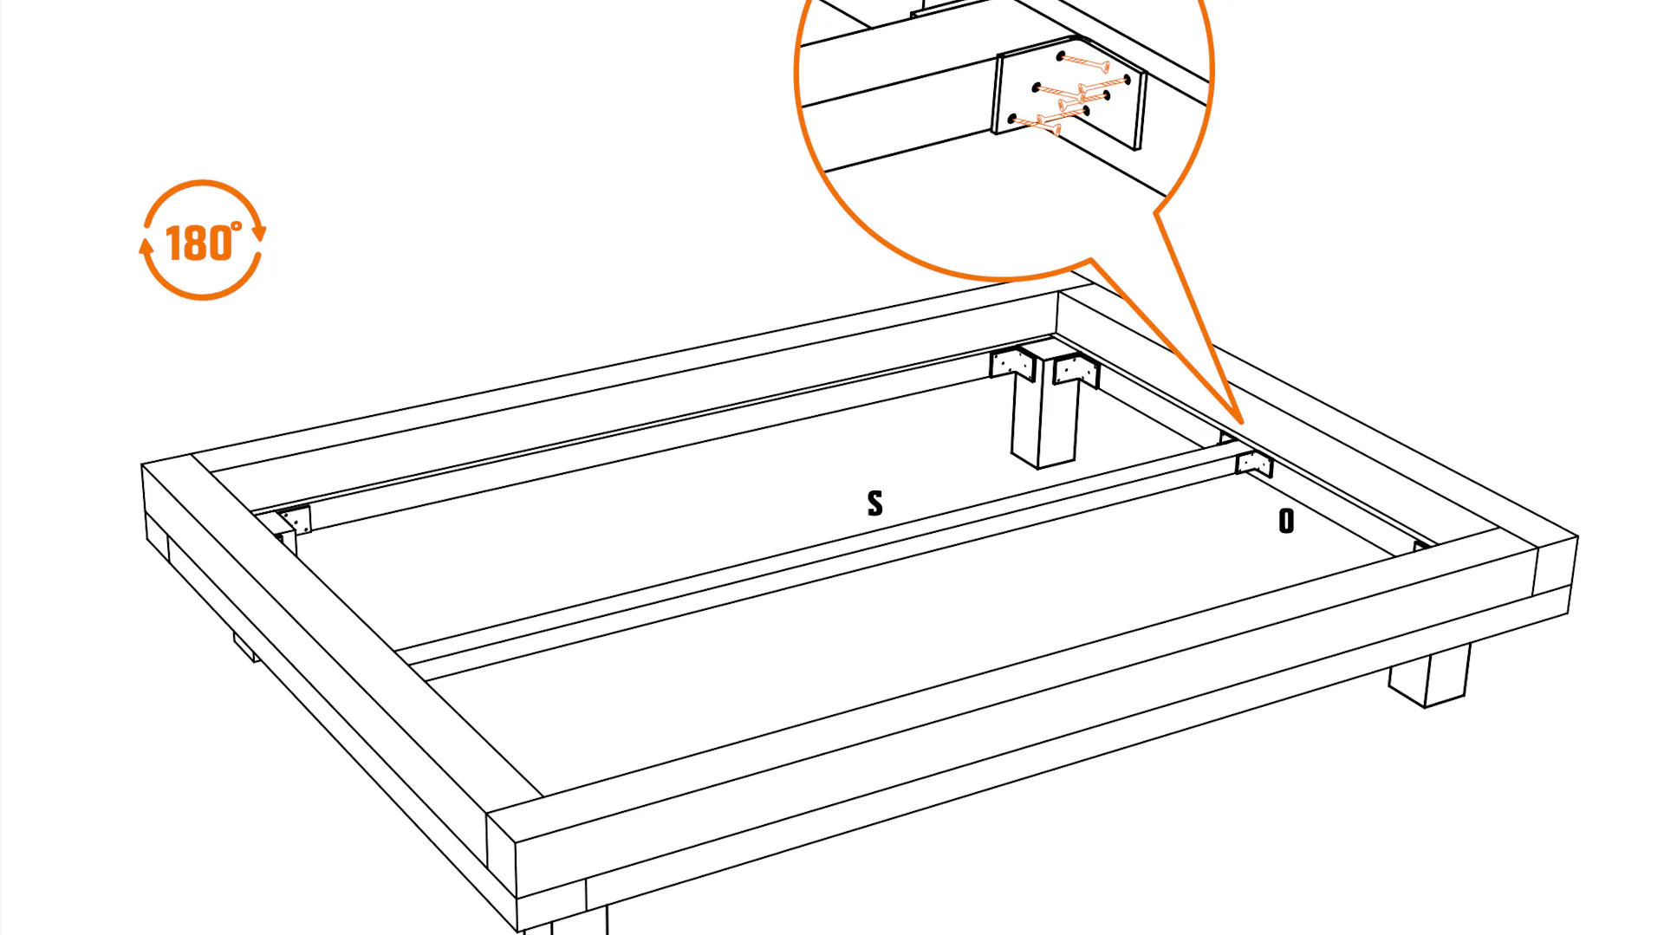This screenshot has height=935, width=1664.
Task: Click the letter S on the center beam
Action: click(x=875, y=503)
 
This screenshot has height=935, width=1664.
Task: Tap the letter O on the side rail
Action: click(x=1286, y=520)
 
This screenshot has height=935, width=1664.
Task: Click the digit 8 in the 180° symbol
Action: click(x=198, y=243)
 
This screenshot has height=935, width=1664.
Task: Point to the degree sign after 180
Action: click(x=237, y=227)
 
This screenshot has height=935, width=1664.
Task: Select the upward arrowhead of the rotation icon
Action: click(x=146, y=246)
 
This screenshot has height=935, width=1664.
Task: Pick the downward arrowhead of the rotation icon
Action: click(x=258, y=233)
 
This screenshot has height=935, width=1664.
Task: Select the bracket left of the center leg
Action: click(x=1012, y=363)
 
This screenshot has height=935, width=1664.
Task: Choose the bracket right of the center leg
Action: click(x=1076, y=371)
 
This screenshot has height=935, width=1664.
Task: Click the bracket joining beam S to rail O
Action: click(x=1254, y=464)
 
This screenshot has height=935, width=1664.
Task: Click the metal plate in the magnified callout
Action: click(x=1069, y=93)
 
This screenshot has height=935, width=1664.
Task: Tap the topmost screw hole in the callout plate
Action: click(x=1061, y=57)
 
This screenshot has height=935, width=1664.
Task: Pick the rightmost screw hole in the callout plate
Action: click(x=1127, y=80)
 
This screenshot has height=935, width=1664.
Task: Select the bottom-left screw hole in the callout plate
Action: click(x=1012, y=118)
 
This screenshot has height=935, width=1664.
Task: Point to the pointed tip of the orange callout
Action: click(x=1243, y=424)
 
